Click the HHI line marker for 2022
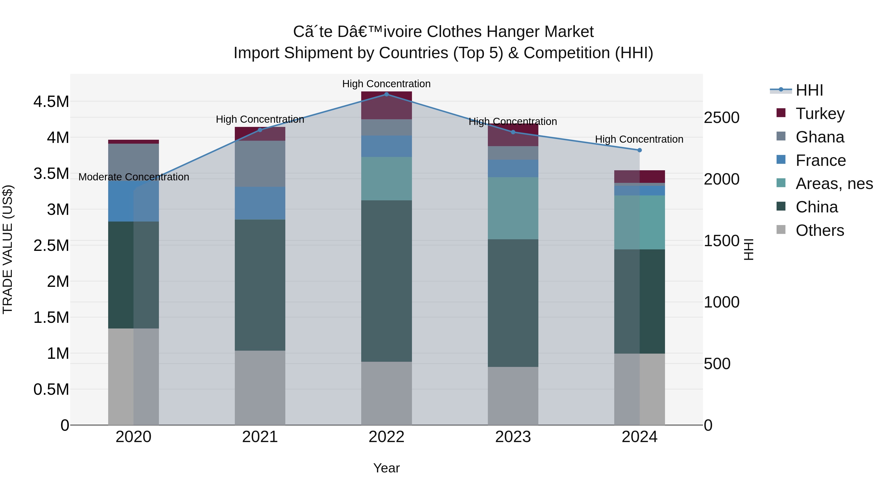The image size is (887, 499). click(x=386, y=94)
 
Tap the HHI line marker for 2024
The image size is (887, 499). click(x=639, y=150)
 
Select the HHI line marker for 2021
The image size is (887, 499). click(x=260, y=130)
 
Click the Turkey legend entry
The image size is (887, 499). click(x=819, y=114)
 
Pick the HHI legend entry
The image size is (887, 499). click(x=809, y=90)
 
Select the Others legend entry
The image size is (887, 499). click(x=819, y=230)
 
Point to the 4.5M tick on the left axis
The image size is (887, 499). click(x=51, y=102)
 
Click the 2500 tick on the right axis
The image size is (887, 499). click(x=721, y=118)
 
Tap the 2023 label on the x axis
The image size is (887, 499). click(x=513, y=437)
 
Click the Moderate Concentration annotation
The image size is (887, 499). click(x=134, y=177)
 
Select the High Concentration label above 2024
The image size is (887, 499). click(x=639, y=139)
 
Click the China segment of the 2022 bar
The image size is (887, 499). click(x=386, y=281)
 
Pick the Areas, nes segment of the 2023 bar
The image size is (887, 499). click(x=513, y=208)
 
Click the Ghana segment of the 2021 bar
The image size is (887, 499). click(x=260, y=164)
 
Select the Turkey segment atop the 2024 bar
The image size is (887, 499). click(x=639, y=176)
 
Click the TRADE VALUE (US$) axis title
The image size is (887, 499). click(x=8, y=249)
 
